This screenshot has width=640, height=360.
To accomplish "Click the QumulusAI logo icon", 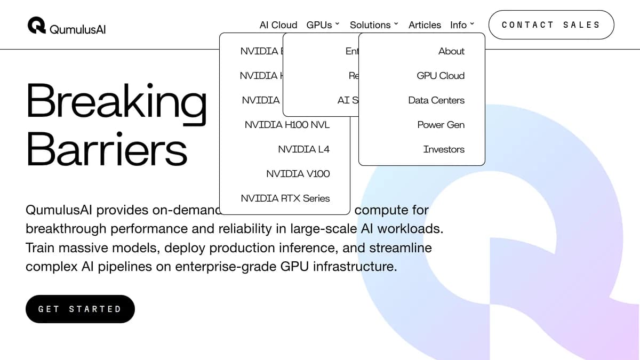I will [x=37, y=25].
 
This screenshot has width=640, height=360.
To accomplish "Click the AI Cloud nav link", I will [x=278, y=25].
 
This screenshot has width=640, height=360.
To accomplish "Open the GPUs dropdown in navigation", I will [x=323, y=25].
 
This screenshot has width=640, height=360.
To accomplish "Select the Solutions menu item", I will [x=374, y=25].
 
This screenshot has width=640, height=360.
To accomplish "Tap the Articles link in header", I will [x=425, y=25].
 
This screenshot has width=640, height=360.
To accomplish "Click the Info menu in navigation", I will [x=462, y=25].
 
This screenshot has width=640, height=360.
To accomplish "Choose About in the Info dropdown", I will [x=451, y=51].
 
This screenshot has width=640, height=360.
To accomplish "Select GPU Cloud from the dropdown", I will [x=441, y=76].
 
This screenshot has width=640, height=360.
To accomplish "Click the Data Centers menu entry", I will [x=436, y=100].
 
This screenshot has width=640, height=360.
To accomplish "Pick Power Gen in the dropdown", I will [x=441, y=125].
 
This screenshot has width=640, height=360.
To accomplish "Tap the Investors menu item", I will [x=444, y=149].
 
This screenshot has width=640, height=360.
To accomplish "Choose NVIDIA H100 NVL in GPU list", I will [x=287, y=125].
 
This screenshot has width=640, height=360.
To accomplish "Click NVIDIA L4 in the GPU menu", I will [x=303, y=149].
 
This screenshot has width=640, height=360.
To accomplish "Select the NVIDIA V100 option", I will [x=298, y=174].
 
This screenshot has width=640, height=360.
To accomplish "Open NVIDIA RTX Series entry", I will [x=285, y=198].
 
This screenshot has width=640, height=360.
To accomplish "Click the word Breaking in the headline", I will [x=116, y=101].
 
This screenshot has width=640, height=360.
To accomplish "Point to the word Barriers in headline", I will [x=107, y=149].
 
